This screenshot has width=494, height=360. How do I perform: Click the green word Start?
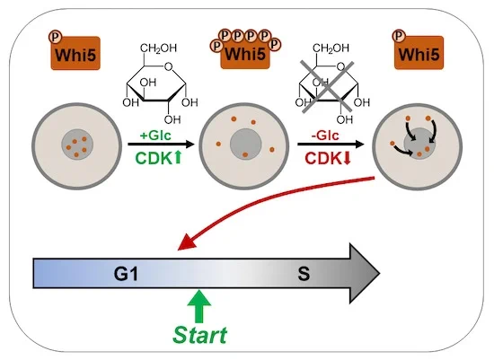(x=199, y=335)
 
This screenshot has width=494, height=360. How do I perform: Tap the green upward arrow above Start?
(x=199, y=306)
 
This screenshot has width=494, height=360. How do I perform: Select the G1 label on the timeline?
(x=126, y=274)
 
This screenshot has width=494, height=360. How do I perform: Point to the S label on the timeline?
(x=304, y=274)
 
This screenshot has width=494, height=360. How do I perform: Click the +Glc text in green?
(x=155, y=136)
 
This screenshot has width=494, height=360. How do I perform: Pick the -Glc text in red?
(x=325, y=136)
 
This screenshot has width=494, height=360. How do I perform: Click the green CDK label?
(x=154, y=158)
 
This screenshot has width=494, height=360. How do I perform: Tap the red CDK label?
(x=323, y=158)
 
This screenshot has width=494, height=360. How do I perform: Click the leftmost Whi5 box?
(x=75, y=53)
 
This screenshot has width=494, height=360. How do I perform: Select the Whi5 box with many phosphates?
(x=245, y=53)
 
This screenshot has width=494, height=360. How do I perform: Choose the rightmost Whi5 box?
(x=419, y=53)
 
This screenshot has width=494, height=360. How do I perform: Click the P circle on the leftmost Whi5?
(x=55, y=37)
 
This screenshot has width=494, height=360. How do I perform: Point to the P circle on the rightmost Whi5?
(x=399, y=36)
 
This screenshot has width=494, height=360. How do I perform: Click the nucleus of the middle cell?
(x=246, y=145)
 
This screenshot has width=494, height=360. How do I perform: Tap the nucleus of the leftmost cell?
(x=77, y=145)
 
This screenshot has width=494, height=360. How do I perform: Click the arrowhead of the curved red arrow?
(x=185, y=242)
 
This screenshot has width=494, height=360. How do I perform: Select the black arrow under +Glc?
(x=162, y=145)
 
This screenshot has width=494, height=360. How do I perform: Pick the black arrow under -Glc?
(x=331, y=145)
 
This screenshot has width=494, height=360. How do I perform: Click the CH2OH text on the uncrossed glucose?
(x=158, y=48)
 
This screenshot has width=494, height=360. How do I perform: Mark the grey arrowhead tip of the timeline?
(x=380, y=273)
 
